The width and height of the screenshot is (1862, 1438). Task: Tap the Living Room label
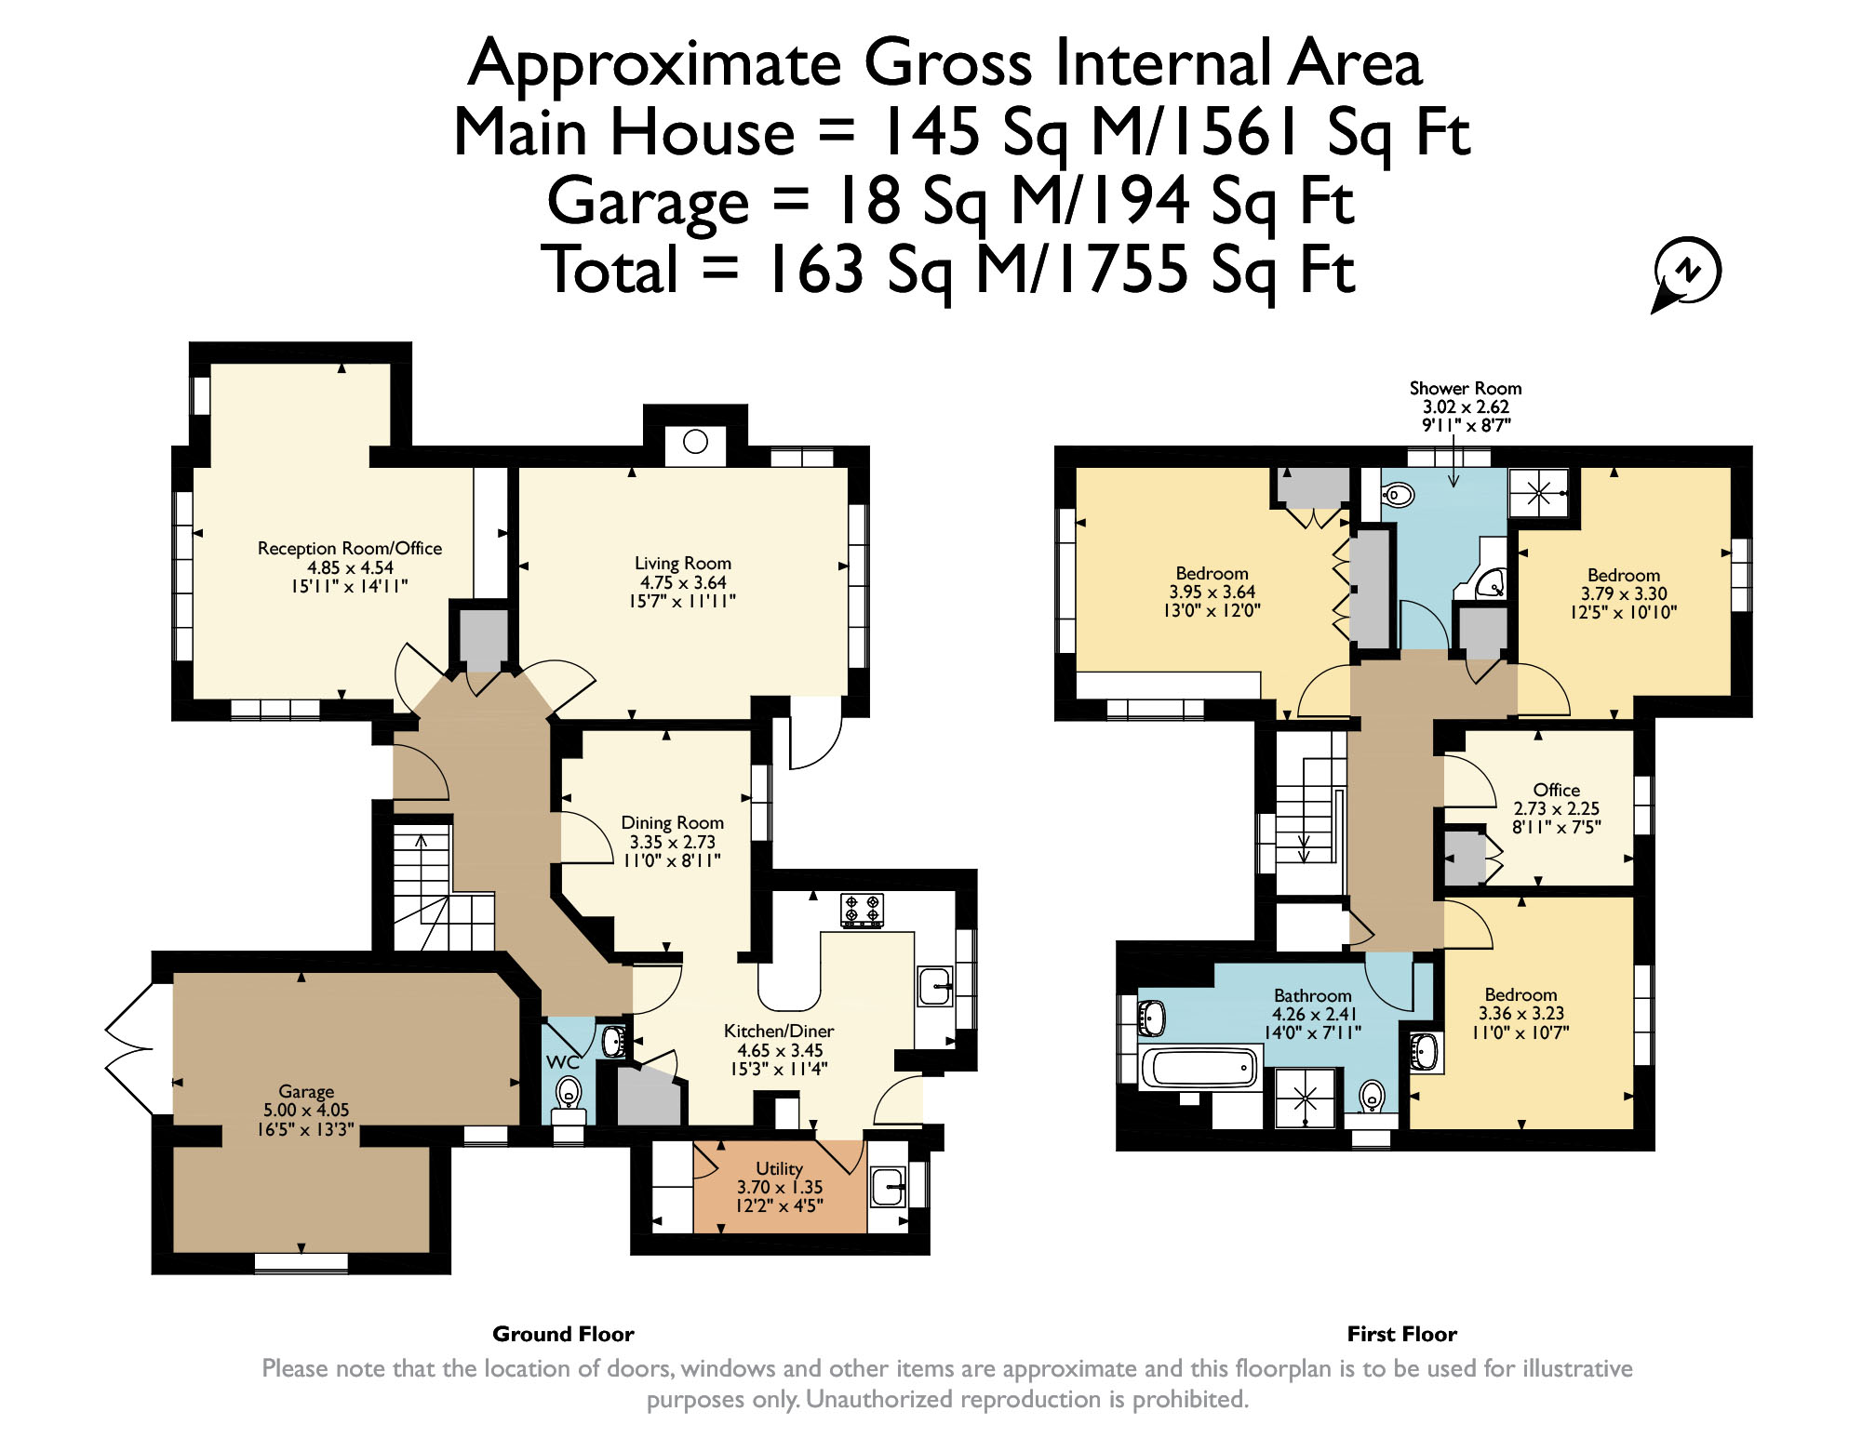tap(683, 564)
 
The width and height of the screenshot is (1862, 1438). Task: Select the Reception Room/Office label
tap(350, 549)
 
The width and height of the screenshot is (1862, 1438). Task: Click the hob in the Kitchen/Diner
tap(862, 910)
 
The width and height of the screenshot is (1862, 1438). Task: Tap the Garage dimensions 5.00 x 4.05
tap(306, 1111)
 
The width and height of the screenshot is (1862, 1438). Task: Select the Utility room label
tap(779, 1168)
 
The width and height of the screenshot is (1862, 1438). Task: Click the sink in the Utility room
tap(889, 1187)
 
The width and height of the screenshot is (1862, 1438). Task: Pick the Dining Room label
tap(673, 823)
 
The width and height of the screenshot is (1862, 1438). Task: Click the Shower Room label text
tap(1466, 388)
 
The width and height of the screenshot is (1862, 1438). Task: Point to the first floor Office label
tap(1557, 790)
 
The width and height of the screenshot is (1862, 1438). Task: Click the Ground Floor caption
tap(563, 1335)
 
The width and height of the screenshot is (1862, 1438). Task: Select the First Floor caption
tap(1402, 1335)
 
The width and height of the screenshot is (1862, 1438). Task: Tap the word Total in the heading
tap(610, 270)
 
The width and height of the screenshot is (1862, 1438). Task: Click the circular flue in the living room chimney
tap(695, 441)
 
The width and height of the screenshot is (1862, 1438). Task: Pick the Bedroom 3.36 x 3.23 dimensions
tap(1521, 1014)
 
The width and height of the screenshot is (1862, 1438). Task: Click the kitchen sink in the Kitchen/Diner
tap(935, 987)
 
